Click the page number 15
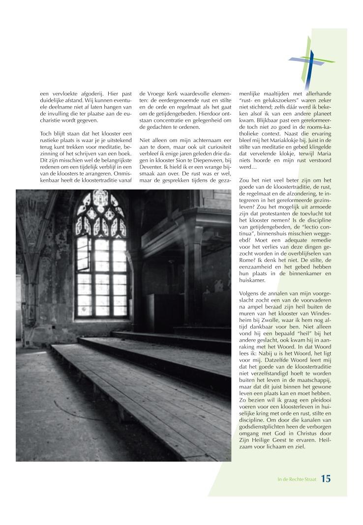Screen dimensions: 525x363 click(x=326, y=478)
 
